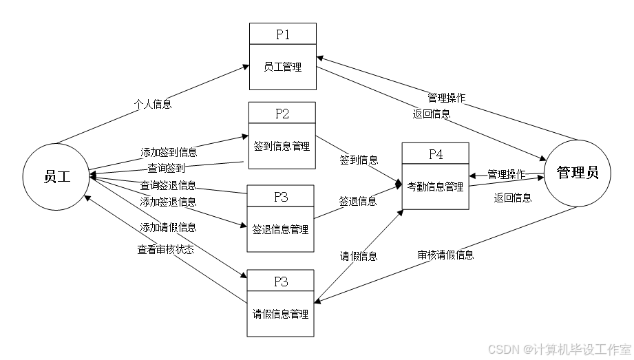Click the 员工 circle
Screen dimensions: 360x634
point(57,176)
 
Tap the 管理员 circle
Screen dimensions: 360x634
point(577,173)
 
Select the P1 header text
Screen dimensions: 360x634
point(282,34)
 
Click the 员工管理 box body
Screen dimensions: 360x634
point(282,67)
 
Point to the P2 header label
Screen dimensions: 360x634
point(282,114)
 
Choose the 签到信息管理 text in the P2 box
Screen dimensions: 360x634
point(282,146)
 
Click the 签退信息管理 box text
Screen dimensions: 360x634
point(281,229)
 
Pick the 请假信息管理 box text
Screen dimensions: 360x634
point(280,314)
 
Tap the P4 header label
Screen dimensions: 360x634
point(436,154)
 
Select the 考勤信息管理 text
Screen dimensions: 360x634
point(435,187)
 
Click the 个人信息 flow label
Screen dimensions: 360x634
point(153,105)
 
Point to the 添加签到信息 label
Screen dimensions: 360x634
point(169,152)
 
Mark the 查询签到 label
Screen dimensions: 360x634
point(166,167)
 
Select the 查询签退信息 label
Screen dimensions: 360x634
point(168,184)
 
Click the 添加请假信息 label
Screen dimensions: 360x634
point(168,227)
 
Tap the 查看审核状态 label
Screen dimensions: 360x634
point(165,250)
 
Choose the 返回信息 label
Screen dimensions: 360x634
point(432,114)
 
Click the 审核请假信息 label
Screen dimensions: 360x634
point(445,255)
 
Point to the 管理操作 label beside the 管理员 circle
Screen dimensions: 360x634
point(506,174)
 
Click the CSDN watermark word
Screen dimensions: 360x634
point(503,349)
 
